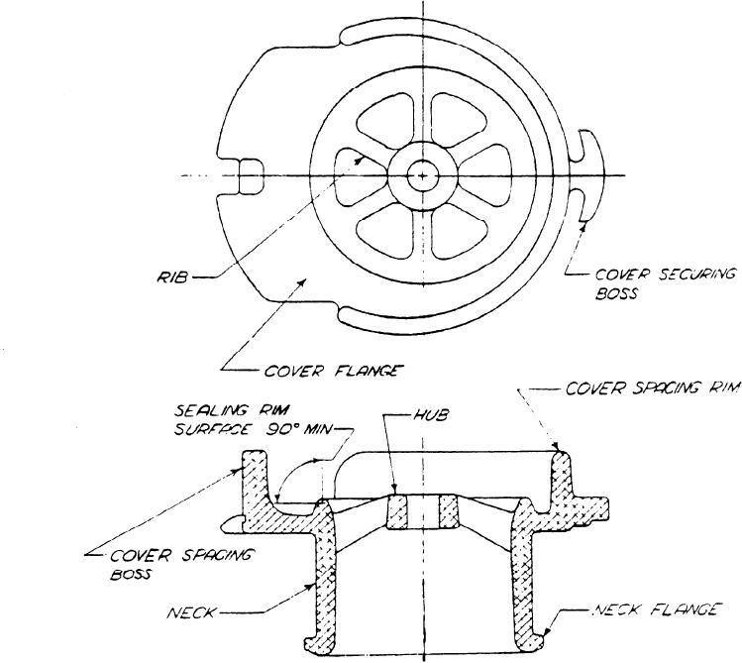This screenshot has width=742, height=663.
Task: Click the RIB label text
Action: click(x=172, y=276)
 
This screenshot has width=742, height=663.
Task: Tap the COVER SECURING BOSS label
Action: click(x=665, y=284)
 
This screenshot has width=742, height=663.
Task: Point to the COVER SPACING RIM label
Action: click(x=652, y=388)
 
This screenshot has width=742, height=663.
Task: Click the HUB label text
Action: click(x=430, y=415)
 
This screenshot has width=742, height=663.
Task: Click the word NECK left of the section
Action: click(x=191, y=613)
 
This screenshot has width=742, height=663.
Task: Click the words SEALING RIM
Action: click(x=232, y=410)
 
